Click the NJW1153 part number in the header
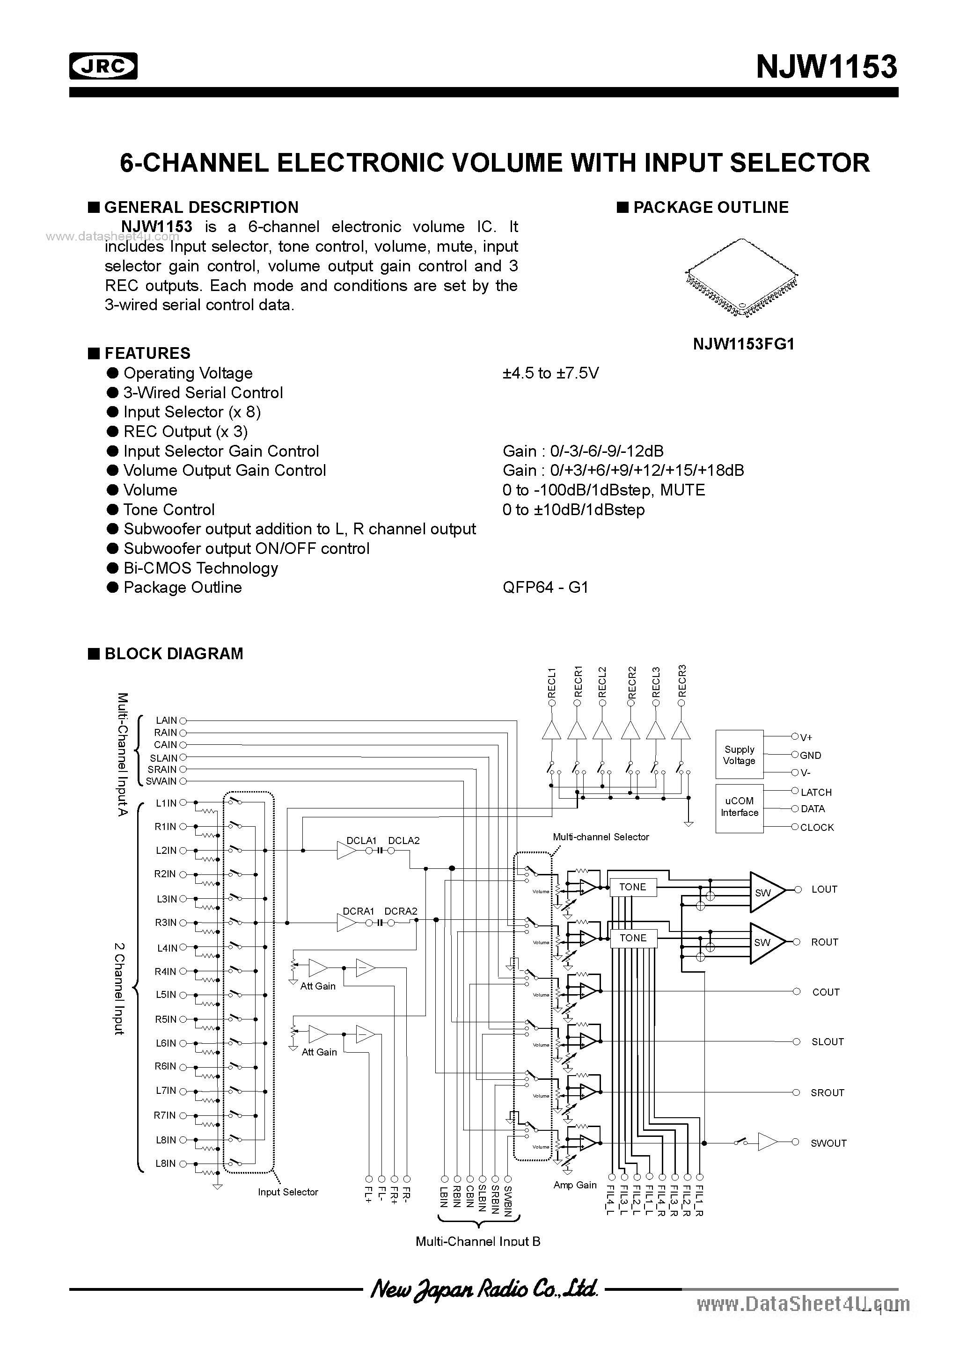point(826,67)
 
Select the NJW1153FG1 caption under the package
point(743,344)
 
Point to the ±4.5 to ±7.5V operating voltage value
point(550,373)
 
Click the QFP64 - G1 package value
point(545,588)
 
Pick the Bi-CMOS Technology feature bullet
point(200,568)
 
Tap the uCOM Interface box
point(739,808)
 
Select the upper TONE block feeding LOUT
point(632,887)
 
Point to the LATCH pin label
point(816,793)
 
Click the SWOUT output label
point(828,1143)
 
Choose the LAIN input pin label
point(166,721)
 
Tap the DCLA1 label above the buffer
point(361,841)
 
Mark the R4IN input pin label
point(165,972)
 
